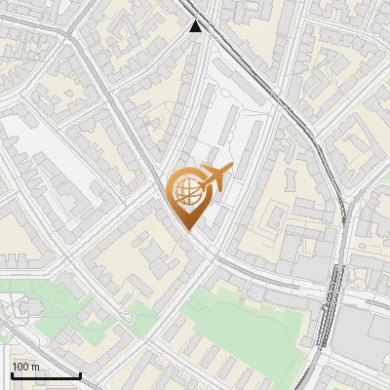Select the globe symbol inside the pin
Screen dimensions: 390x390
pyautogui.click(x=185, y=191)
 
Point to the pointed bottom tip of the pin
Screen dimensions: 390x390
pyautogui.click(x=186, y=229)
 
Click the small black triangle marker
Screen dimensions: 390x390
pyautogui.click(x=197, y=26)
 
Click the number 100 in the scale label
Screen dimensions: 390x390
pyautogui.click(x=21, y=367)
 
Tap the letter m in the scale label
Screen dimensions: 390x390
pyautogui.click(x=36, y=367)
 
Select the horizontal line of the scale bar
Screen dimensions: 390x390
pyautogui.click(x=45, y=375)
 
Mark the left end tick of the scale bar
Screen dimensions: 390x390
pyautogui.click(x=11, y=373)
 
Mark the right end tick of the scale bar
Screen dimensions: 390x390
pyautogui.click(x=80, y=373)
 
